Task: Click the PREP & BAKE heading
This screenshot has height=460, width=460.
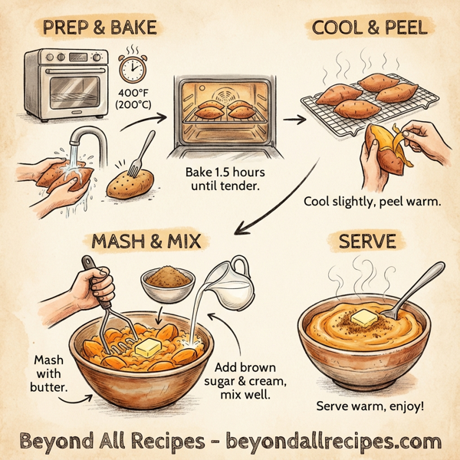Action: [100, 29]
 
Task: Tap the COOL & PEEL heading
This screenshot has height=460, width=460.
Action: [370, 29]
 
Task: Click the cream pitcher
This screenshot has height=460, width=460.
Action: [235, 279]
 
